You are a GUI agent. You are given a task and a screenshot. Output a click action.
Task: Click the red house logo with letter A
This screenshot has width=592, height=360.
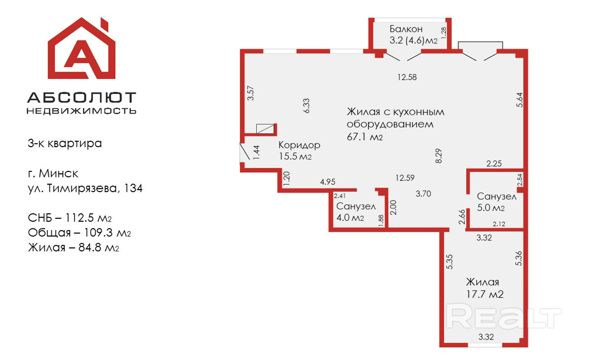pos(81,49)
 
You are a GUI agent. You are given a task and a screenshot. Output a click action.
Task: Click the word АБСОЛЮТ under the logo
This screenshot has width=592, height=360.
pos(81,97)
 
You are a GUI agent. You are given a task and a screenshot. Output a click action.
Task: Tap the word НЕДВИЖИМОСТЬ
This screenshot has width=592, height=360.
pos(81,111)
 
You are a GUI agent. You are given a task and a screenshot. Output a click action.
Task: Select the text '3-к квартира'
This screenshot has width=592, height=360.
pos(65,144)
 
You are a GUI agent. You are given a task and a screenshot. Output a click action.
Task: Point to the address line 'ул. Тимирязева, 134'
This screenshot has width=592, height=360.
pos(85,188)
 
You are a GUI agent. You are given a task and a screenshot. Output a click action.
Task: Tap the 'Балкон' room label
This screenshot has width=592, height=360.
pos(406,29)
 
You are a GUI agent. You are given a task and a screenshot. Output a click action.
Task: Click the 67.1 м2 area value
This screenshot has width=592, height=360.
pos(365,137)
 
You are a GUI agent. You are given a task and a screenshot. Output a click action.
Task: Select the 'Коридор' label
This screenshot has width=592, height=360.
pos(299,145)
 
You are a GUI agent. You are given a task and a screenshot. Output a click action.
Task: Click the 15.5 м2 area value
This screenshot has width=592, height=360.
pos(295,157)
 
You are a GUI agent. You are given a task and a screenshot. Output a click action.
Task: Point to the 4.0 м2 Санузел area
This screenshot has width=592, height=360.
pos(350,218)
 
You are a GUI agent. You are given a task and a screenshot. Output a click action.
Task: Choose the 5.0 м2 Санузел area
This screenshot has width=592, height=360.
pos(491,208)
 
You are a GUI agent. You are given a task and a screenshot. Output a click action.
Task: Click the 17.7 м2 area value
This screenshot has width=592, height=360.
pos(484,294)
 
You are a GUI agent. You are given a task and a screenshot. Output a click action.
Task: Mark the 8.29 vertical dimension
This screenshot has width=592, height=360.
pos(438,156)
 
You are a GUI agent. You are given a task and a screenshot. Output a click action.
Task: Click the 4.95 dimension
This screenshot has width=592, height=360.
pos(328,182)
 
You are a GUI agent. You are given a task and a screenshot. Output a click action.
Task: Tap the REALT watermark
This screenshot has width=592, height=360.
pos(504,316)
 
